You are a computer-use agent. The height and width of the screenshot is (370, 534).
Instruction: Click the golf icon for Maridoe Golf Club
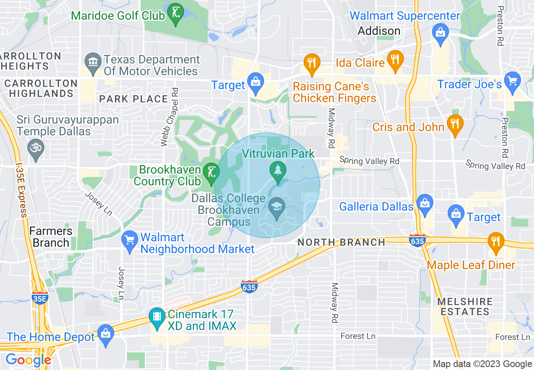tap(175, 13)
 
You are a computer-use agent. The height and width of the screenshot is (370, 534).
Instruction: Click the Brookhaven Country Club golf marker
tap(210, 173)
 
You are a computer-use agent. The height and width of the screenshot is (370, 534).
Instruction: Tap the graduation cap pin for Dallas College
tap(277, 207)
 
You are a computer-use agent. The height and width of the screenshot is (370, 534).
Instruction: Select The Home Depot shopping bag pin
tap(105, 333)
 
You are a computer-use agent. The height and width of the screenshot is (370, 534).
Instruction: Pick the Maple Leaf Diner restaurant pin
tap(496, 242)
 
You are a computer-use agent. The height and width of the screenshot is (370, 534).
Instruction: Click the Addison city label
tap(379, 31)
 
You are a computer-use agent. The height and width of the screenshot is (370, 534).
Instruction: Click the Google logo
tap(28, 360)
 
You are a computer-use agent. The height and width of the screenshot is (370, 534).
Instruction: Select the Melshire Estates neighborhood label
tap(465, 307)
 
